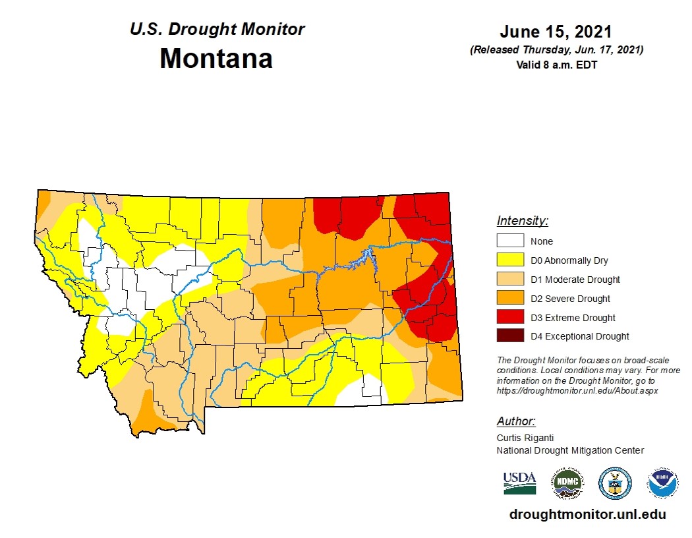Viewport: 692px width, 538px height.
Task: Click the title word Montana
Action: coord(216,59)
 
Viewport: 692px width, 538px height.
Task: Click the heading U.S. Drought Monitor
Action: coord(217,30)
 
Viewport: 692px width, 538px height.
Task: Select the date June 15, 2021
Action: coord(556,32)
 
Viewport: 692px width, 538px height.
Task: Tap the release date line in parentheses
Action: coord(556,50)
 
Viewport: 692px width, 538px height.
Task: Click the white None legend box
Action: coord(510,241)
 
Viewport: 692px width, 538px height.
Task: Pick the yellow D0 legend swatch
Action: coord(510,260)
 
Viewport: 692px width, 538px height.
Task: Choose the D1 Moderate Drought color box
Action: coord(510,280)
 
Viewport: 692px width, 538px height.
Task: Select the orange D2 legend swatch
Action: coord(510,299)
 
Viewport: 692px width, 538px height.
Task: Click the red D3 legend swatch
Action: coord(510,318)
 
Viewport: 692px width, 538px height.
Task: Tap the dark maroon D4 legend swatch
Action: coord(510,336)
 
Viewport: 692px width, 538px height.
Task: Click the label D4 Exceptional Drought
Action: coord(579,336)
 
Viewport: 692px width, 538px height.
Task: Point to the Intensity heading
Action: coord(522,221)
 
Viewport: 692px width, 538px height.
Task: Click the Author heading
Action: coord(515,421)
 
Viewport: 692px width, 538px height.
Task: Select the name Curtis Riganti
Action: coord(525,438)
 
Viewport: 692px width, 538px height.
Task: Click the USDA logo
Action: coord(519,483)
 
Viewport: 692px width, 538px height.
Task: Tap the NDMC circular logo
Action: coord(567,483)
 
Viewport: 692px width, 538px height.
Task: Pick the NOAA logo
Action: coord(662,483)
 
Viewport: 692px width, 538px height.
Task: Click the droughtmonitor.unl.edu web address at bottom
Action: coord(587,514)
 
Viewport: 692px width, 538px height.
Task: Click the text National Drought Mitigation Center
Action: coord(569,450)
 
